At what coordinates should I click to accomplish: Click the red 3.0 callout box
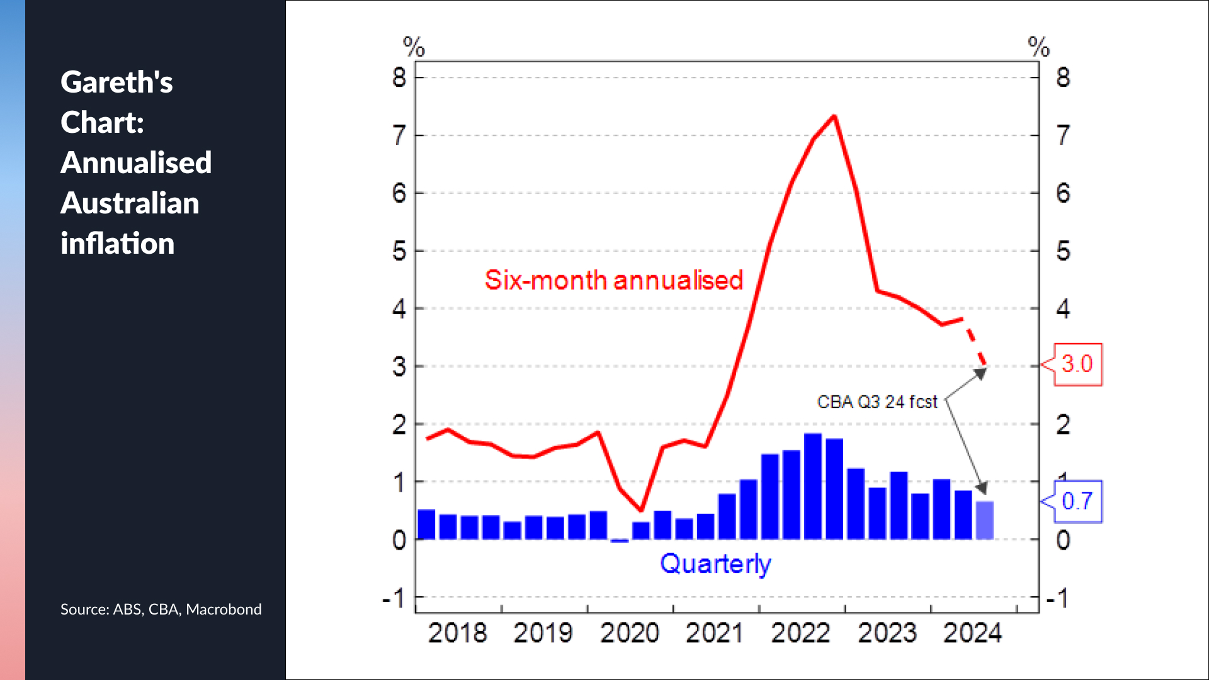tap(1077, 364)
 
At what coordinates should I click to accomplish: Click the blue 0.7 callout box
tap(1077, 501)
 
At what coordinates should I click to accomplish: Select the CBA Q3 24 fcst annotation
tap(877, 402)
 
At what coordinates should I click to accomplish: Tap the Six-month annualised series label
tap(614, 280)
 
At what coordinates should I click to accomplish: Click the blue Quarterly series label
tap(715, 564)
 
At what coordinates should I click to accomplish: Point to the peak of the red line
tap(834, 116)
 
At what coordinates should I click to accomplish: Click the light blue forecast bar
tap(984, 520)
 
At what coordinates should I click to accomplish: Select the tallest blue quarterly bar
tap(813, 486)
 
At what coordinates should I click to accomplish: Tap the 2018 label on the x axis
tap(457, 633)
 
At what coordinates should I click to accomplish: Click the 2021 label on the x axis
tap(714, 633)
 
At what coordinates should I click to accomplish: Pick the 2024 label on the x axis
tap(972, 633)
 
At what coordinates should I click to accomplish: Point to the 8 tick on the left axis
tap(399, 77)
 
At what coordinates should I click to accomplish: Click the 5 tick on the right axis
tap(1063, 251)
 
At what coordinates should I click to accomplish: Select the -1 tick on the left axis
tap(394, 598)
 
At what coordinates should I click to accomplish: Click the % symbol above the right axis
tap(1039, 47)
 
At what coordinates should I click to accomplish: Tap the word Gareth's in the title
tap(116, 82)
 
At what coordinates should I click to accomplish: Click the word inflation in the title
tap(117, 244)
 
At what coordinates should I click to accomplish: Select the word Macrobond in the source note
tap(224, 609)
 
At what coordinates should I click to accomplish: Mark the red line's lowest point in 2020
tap(641, 509)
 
